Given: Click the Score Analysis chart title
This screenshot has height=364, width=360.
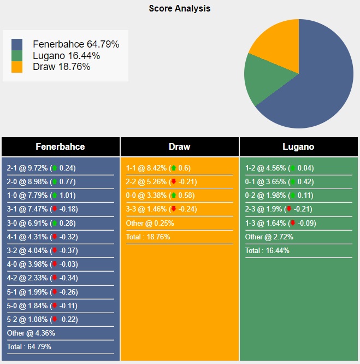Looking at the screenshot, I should point(180,9).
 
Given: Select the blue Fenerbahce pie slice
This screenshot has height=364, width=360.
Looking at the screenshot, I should point(322,82).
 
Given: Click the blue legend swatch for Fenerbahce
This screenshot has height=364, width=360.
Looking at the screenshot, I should point(17,44).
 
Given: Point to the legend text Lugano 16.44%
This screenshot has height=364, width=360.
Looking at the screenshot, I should point(67,56).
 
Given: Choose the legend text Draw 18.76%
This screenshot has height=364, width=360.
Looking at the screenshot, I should point(62,67).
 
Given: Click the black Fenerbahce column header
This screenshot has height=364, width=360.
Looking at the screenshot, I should point(60,146).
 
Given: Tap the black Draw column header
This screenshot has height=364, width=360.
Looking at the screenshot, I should point(180,146).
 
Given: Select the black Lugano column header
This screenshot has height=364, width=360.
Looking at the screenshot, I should point(298,146).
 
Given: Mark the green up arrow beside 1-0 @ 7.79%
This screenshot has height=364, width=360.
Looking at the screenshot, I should point(55,196).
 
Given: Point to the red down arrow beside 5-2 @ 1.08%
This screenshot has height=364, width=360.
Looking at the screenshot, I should point(55,319).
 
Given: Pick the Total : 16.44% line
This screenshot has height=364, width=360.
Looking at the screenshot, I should point(267,250).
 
